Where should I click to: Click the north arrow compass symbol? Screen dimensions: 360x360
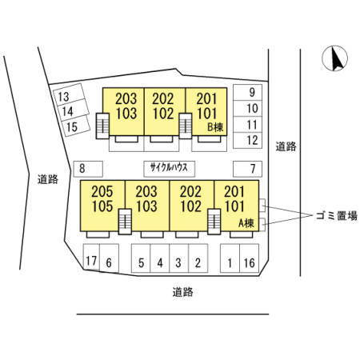click(x=334, y=58)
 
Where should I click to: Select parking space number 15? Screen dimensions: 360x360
click(x=76, y=126)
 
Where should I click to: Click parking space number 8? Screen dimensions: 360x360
click(x=88, y=169)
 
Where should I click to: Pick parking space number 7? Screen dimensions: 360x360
click(x=247, y=169)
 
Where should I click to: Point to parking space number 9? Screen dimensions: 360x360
click(x=247, y=93)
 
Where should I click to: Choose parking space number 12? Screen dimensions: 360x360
click(x=247, y=140)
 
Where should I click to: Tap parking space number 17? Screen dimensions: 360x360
click(x=91, y=258)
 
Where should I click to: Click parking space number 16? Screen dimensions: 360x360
click(x=250, y=258)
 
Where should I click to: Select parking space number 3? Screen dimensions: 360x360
click(x=179, y=258)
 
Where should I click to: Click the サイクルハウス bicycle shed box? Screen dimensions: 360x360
click(x=170, y=169)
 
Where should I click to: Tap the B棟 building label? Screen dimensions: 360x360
click(x=215, y=127)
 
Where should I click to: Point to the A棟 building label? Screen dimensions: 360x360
click(x=246, y=223)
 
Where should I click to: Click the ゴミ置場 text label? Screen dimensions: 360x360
click(x=337, y=216)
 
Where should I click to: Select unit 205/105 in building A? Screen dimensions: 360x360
click(x=102, y=206)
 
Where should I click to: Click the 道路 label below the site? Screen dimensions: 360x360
click(x=182, y=292)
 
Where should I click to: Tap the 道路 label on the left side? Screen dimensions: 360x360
click(x=48, y=179)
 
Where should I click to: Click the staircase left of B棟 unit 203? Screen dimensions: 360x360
click(x=102, y=126)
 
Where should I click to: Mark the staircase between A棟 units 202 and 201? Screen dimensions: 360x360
click(x=214, y=222)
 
